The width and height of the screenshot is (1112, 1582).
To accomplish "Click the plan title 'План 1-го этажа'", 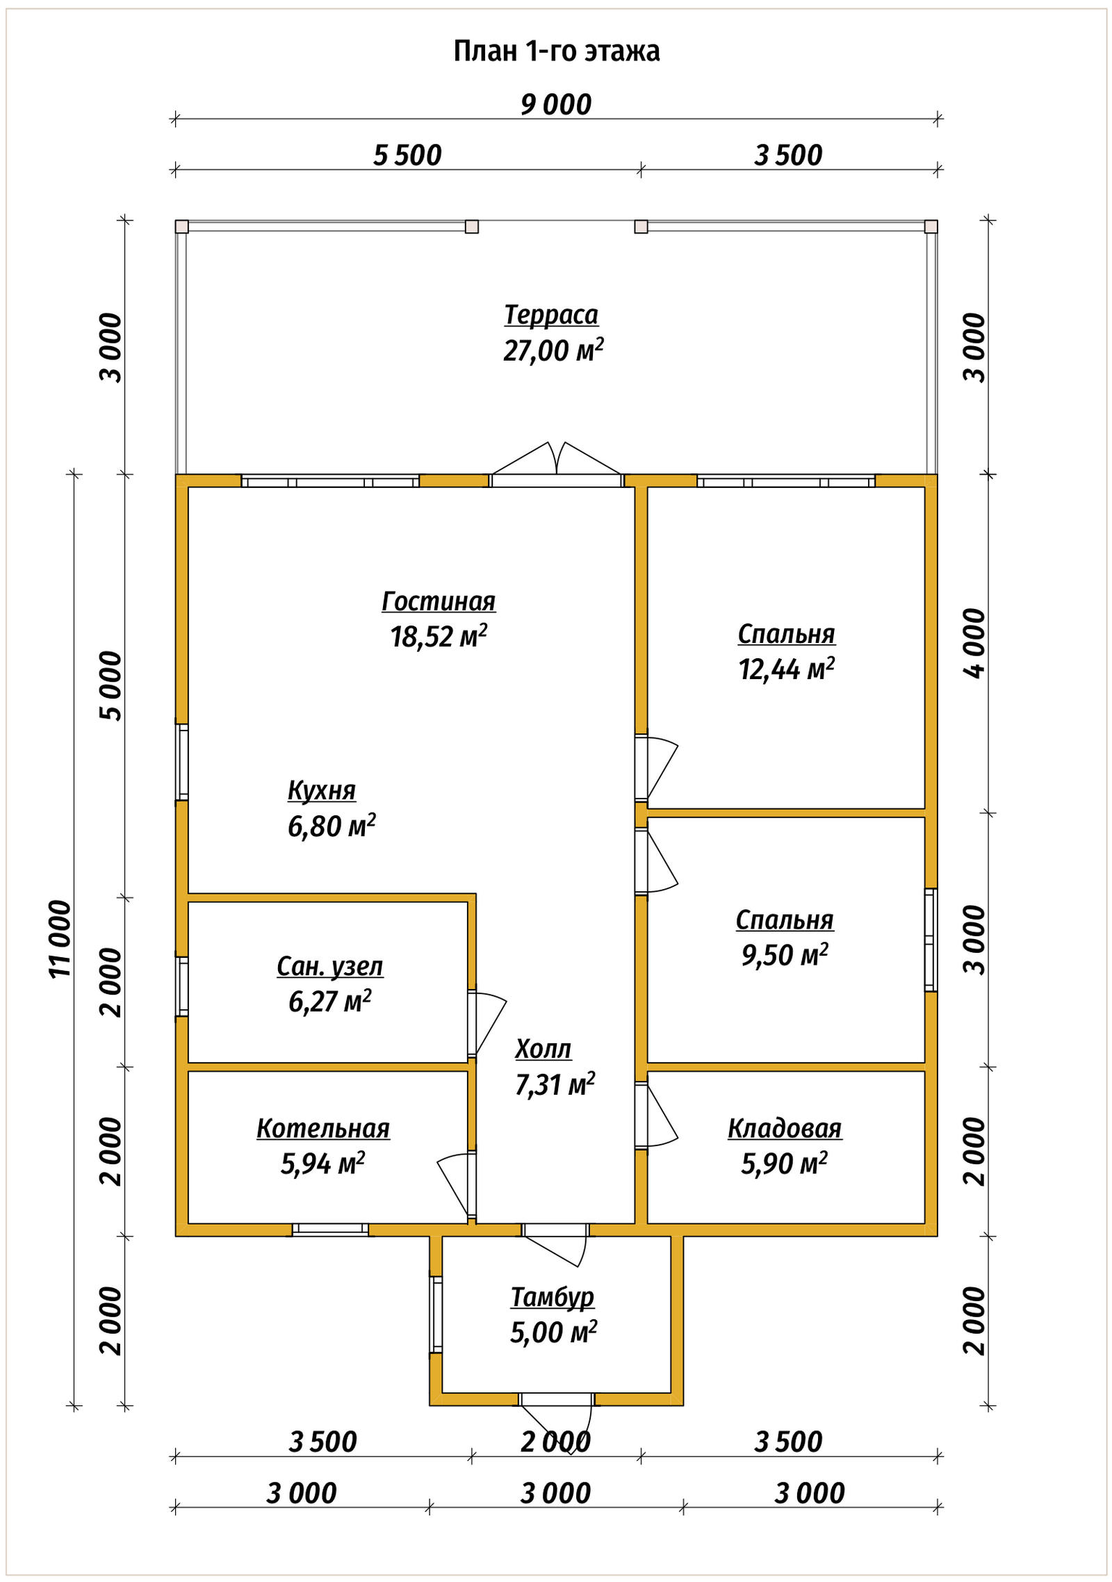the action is (x=556, y=51).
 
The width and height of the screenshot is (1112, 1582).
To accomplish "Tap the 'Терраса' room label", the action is (x=551, y=315).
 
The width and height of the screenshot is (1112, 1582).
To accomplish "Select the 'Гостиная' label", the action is (x=439, y=601).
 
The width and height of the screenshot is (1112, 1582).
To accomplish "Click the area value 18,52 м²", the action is (x=439, y=636).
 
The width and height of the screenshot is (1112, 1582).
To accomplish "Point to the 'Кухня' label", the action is (x=321, y=790).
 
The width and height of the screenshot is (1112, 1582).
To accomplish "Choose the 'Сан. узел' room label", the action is (x=329, y=966).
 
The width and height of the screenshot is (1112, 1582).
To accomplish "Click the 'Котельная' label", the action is (x=323, y=1127).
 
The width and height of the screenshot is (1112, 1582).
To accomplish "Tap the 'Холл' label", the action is (x=543, y=1049).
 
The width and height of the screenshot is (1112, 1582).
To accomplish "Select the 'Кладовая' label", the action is (x=785, y=1127).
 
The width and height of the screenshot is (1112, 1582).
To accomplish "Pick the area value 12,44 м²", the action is (x=786, y=669).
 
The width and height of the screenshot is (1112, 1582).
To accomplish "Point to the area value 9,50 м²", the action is (x=785, y=955).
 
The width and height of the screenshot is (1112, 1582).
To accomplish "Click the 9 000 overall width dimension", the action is (x=556, y=105).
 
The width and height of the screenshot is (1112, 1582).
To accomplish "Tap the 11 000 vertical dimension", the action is (x=60, y=939).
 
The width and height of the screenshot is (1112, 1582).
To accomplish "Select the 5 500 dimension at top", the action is (x=407, y=156).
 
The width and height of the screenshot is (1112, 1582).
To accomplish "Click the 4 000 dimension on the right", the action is (x=974, y=643).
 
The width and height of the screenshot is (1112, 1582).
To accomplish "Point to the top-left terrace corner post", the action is (x=181, y=227).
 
